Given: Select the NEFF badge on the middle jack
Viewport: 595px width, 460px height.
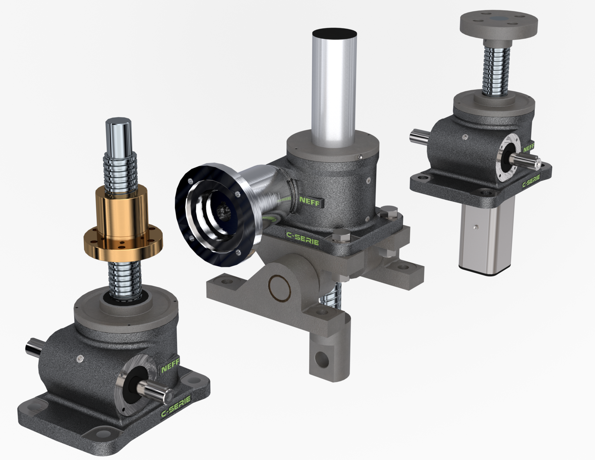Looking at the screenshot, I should coord(310,201).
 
